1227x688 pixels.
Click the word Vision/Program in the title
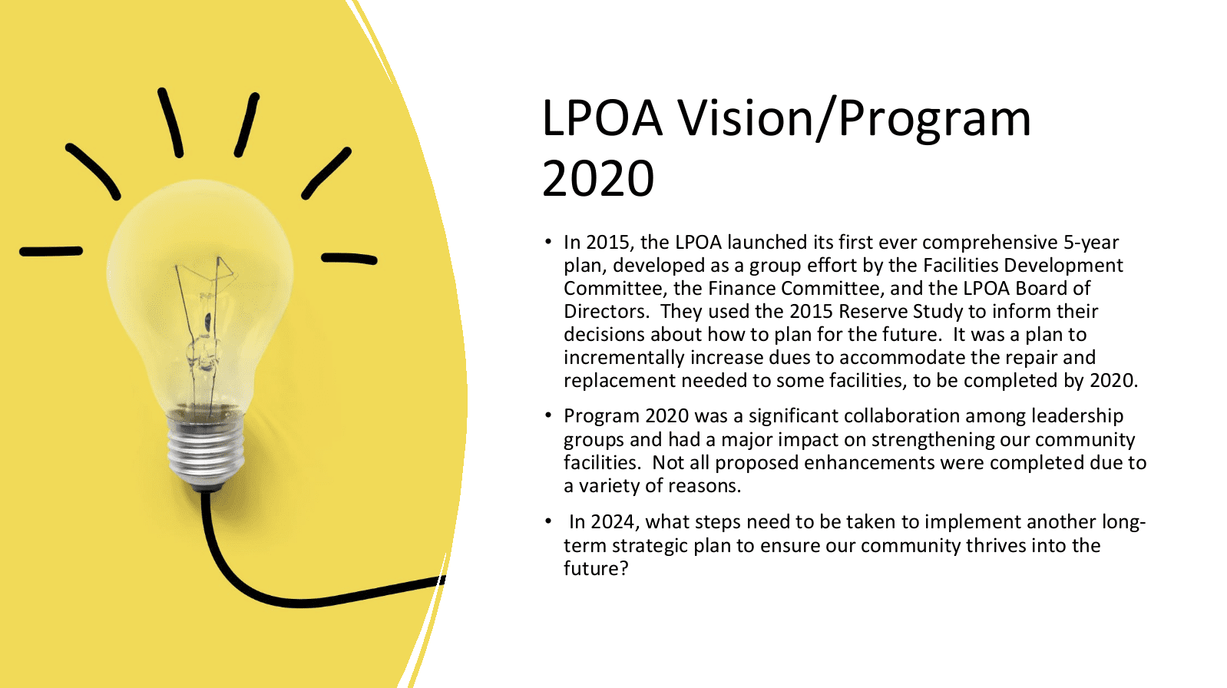click(x=855, y=120)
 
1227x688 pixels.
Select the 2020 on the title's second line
click(x=598, y=179)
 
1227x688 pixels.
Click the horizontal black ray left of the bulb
click(x=51, y=251)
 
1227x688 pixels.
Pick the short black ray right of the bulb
click(x=349, y=258)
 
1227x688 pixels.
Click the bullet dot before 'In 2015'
click(x=547, y=242)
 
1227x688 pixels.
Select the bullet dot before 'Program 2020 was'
click(x=547, y=415)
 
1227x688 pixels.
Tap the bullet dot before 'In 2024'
click(x=547, y=521)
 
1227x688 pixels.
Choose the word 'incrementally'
click(x=624, y=358)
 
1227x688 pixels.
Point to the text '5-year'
click(x=1091, y=243)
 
